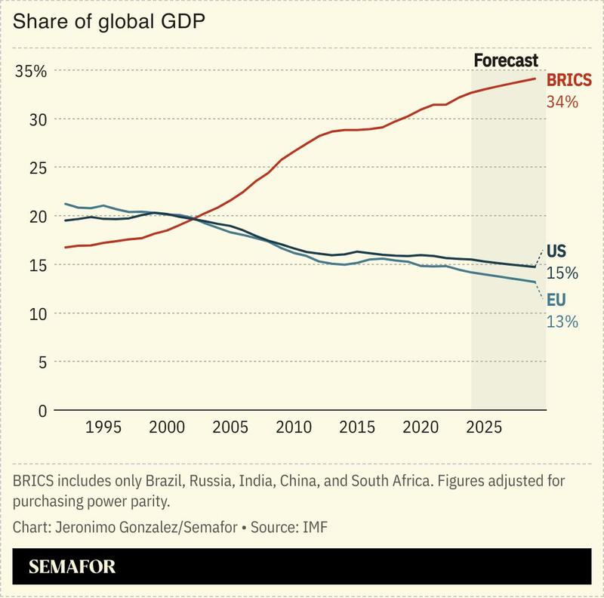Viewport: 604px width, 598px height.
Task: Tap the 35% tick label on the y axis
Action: click(x=30, y=71)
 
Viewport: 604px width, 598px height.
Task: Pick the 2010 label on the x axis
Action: click(x=291, y=427)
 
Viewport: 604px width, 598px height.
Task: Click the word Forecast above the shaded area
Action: click(x=505, y=60)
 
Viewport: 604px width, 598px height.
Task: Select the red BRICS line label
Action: click(x=569, y=81)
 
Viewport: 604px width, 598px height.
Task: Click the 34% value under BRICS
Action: click(x=562, y=100)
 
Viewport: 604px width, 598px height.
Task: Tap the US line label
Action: click(x=556, y=251)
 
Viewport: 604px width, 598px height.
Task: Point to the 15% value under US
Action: click(x=562, y=273)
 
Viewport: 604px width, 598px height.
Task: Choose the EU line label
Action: click(x=556, y=301)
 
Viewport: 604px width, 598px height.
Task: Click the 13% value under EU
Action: click(x=562, y=322)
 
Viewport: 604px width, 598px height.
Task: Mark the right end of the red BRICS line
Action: click(x=535, y=79)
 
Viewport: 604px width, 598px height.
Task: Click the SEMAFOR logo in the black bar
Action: click(x=72, y=567)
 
